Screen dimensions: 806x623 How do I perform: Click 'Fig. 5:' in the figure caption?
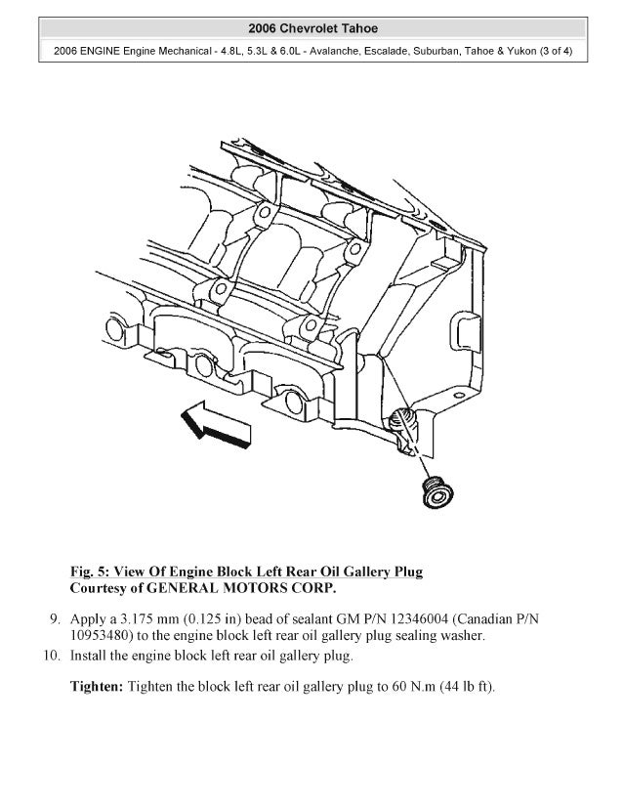[x=90, y=572]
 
